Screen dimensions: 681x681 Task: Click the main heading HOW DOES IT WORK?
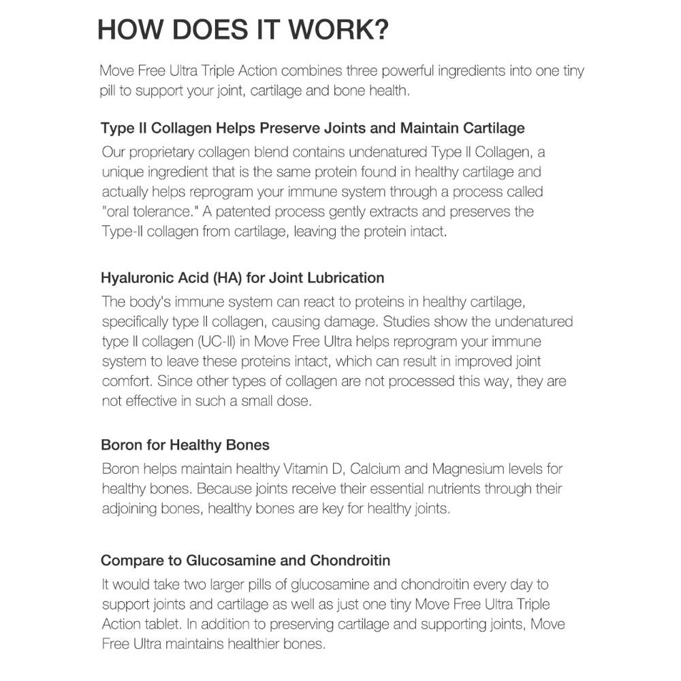(243, 31)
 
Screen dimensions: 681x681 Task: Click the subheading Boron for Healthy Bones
(185, 445)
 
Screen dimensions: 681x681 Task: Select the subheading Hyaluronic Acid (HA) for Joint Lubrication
(242, 278)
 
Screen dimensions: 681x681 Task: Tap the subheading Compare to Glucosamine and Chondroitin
(245, 560)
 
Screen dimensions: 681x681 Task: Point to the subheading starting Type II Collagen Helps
(313, 128)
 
